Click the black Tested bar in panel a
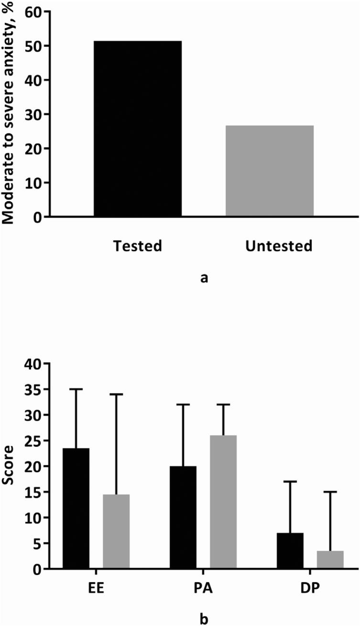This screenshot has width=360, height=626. click(137, 129)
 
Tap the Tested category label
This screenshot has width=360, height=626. click(138, 247)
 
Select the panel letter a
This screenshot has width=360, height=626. click(204, 277)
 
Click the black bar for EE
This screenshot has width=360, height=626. click(76, 509)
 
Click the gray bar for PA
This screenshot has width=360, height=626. click(223, 502)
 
